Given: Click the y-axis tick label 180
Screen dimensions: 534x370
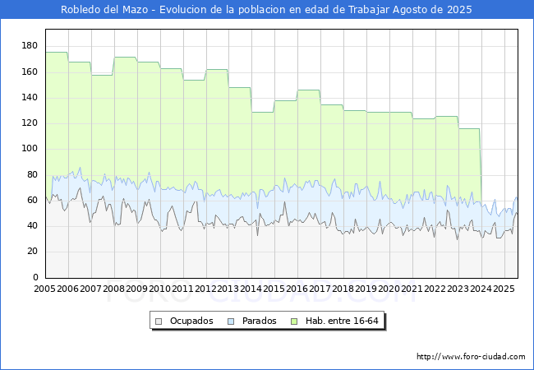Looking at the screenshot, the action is click(30, 46).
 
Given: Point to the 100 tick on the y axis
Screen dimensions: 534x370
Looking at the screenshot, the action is click(30, 149).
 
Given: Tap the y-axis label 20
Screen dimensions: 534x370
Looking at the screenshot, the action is click(32, 252).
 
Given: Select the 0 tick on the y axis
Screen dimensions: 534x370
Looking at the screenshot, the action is click(35, 277).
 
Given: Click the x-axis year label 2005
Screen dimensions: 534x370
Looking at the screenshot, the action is click(44, 289).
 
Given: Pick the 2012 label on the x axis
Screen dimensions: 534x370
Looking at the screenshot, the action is click(205, 289).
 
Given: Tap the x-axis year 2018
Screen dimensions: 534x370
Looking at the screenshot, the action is click(343, 289).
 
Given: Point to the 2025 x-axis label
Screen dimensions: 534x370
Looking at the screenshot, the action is click(504, 289).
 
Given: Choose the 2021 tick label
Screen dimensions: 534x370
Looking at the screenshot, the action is click(412, 289).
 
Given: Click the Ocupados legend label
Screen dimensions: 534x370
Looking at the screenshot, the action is click(191, 321).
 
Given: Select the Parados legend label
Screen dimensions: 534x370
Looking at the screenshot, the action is click(259, 321).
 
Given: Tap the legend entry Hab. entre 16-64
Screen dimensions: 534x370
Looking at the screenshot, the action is click(342, 321).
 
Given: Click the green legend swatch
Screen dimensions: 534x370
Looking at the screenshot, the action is click(294, 321).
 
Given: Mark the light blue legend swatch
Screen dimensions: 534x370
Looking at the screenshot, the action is click(231, 321).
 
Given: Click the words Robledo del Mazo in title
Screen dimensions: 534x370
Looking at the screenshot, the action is click(104, 10).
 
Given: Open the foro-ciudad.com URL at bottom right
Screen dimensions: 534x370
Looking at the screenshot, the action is click(471, 357).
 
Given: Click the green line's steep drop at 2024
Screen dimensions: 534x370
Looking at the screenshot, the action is click(481, 167).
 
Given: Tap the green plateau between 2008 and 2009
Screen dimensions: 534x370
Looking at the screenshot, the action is click(126, 58).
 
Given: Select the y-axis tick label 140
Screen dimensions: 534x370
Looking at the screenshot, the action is click(30, 97).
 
